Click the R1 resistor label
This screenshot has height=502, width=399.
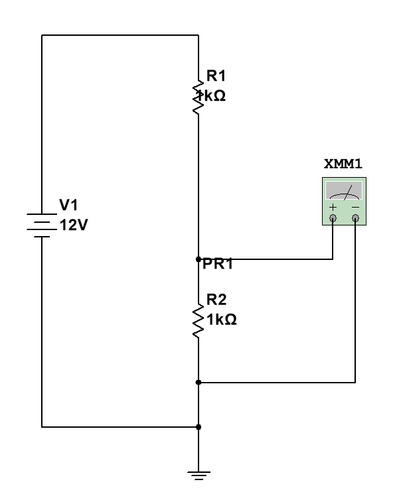[216, 76]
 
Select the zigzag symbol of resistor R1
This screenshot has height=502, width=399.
[198, 97]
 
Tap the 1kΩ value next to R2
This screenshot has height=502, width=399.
[222, 320]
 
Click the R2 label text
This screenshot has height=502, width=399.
[216, 300]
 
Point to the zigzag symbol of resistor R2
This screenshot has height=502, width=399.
[198, 321]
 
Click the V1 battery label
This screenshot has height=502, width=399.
[68, 205]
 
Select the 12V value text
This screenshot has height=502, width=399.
[74, 225]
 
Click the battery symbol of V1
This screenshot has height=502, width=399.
[42, 225]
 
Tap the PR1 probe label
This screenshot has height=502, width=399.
[218, 264]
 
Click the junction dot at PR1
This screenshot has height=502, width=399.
[199, 259]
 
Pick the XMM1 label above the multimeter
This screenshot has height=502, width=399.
[343, 164]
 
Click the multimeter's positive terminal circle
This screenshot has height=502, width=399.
[333, 218]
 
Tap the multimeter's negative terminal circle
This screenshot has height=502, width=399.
[355, 218]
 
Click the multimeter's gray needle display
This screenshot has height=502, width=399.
[344, 190]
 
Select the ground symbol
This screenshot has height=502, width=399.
[199, 475]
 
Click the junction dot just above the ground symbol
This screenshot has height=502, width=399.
[199, 427]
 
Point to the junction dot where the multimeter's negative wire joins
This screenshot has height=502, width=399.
[199, 382]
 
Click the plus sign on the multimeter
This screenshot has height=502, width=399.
[333, 208]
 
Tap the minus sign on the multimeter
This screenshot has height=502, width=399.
[355, 208]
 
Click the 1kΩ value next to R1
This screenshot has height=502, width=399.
[212, 95]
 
